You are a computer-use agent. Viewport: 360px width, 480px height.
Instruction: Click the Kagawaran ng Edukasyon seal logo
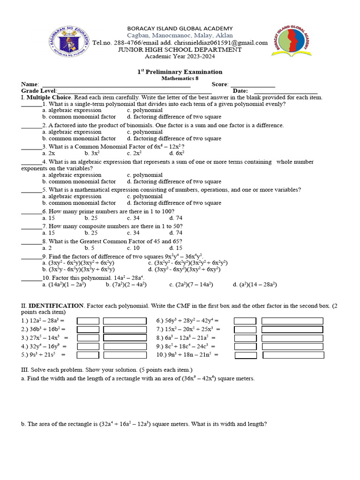click(69, 42)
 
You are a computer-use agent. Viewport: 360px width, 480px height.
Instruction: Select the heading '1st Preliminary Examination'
click(180, 72)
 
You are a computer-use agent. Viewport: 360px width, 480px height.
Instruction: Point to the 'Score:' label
click(220, 84)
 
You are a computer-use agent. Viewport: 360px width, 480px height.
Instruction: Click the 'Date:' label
click(240, 91)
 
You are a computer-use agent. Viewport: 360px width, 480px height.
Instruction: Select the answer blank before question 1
click(31, 105)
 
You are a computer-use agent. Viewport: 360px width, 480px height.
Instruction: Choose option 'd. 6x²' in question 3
click(177, 153)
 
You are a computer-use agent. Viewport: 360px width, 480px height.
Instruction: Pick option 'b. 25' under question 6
click(91, 218)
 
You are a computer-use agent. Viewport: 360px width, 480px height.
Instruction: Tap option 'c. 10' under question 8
click(133, 248)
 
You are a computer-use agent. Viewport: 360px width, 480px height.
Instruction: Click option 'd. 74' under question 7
click(176, 233)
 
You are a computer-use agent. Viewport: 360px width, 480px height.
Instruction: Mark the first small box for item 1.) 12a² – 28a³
click(88, 321)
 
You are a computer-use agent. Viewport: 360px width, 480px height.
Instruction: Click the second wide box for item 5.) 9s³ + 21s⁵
click(125, 355)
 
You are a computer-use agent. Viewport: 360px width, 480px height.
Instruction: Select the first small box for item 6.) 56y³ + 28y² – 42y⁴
click(245, 321)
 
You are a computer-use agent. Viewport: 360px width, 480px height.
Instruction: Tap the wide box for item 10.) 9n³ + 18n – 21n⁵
click(293, 355)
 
